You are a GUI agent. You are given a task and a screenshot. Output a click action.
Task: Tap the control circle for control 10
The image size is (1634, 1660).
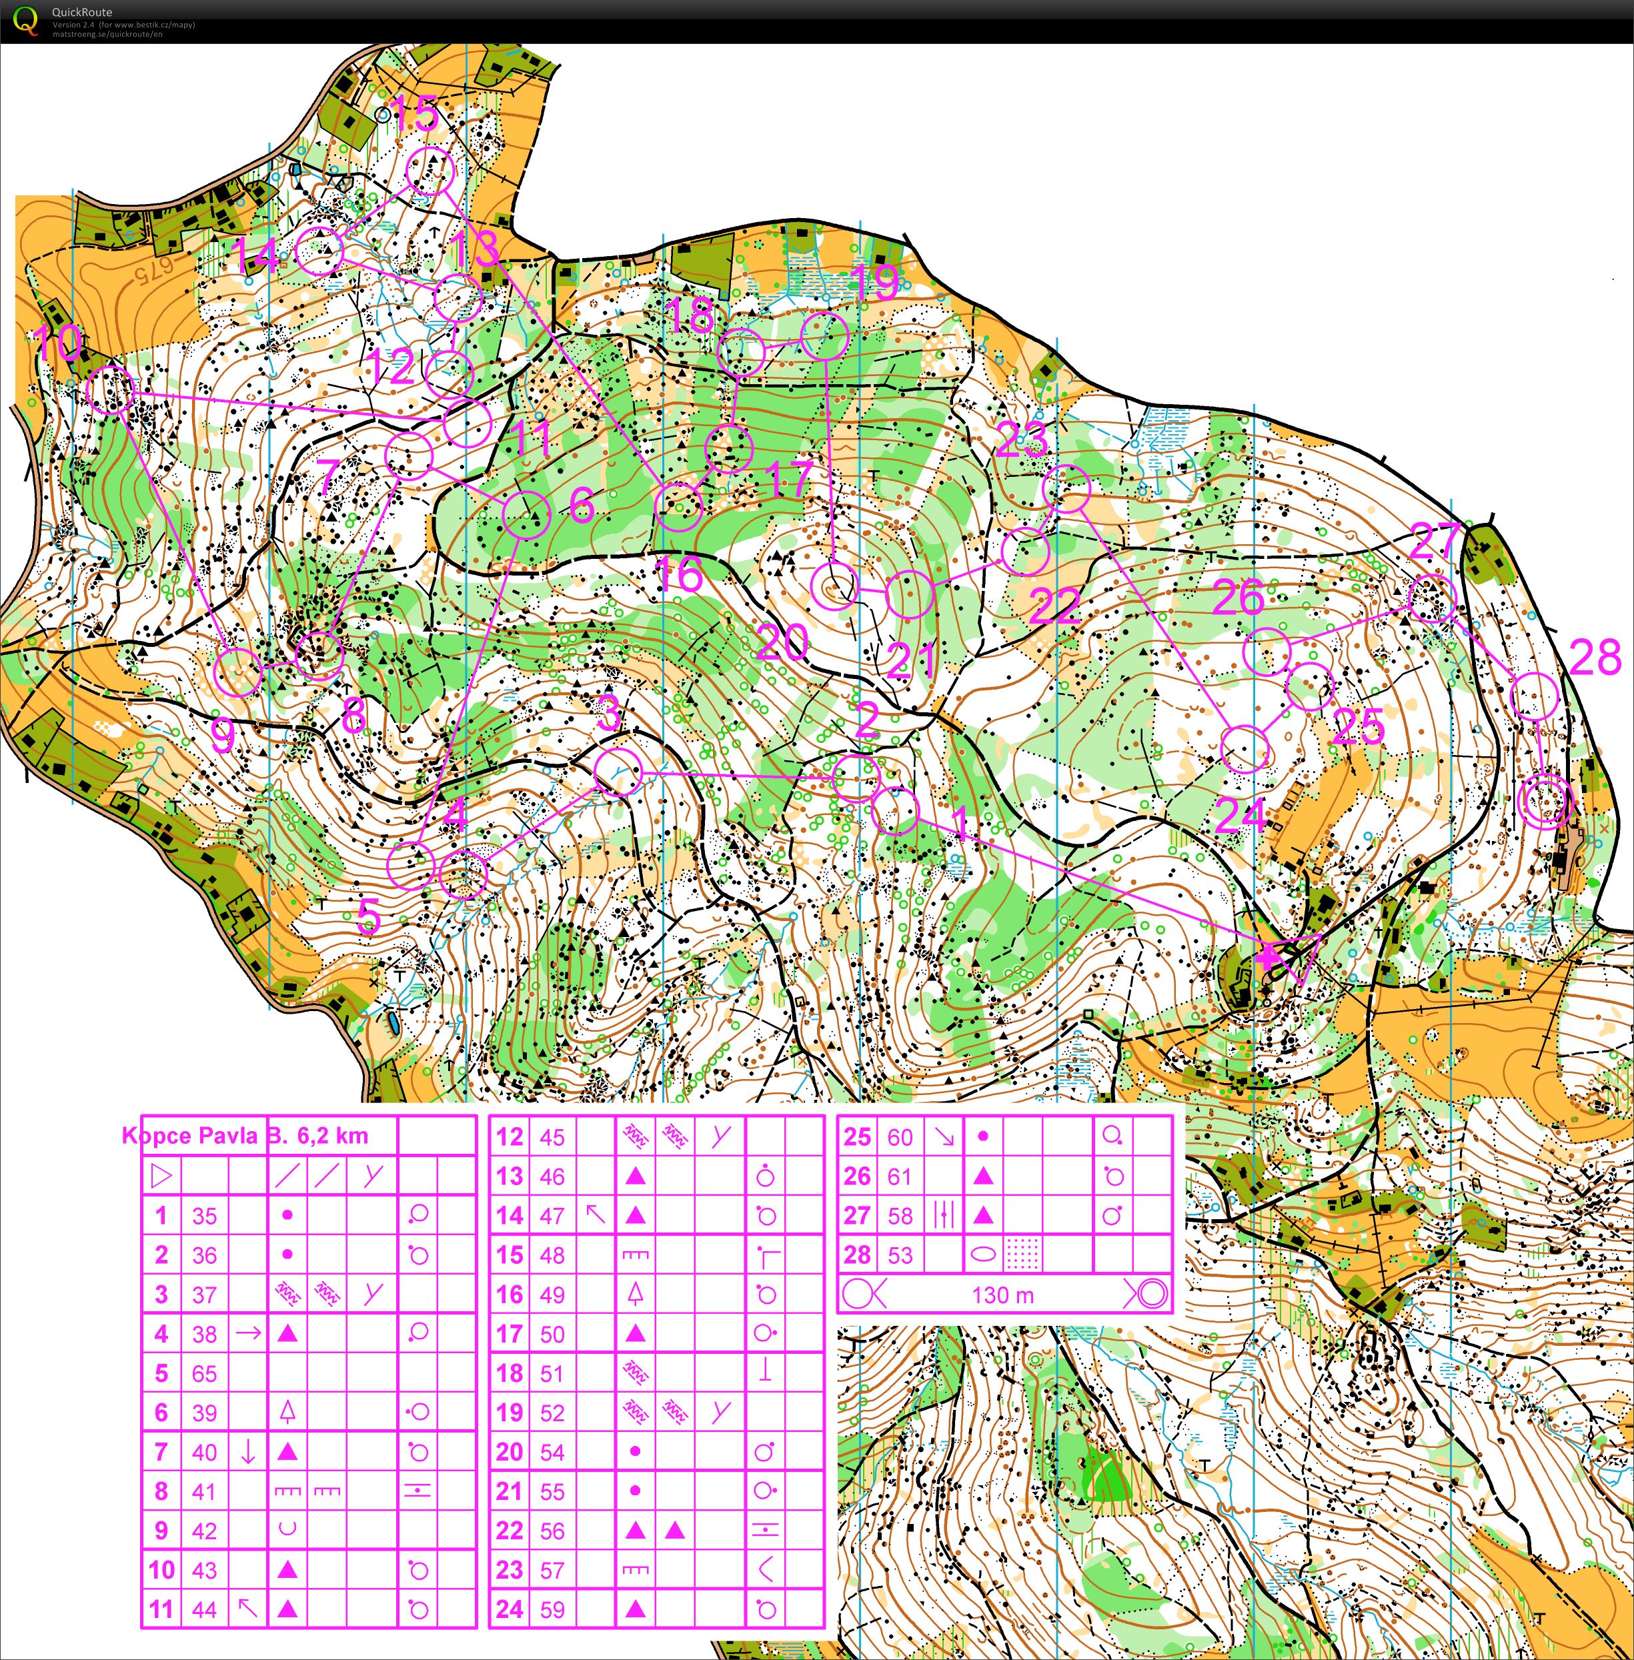(111, 389)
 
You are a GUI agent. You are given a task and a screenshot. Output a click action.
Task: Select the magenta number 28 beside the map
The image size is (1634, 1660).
(1595, 658)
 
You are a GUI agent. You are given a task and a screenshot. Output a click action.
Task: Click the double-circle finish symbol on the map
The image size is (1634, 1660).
(1545, 801)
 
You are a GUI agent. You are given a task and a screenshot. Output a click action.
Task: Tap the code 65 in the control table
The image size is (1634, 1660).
(204, 1373)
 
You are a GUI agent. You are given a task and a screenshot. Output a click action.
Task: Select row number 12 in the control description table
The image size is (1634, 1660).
(509, 1137)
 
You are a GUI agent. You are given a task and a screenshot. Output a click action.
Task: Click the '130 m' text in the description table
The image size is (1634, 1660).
(1002, 1295)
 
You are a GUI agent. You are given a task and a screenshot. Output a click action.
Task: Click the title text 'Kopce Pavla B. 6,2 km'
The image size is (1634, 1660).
(245, 1136)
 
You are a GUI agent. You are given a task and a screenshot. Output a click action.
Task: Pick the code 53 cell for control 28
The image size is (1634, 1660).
(900, 1255)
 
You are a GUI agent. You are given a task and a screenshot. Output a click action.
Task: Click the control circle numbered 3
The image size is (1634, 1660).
(618, 771)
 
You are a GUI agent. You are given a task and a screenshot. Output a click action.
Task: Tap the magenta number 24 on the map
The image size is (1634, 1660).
(1239, 816)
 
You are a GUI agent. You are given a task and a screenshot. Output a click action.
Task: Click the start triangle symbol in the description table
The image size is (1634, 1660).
(161, 1176)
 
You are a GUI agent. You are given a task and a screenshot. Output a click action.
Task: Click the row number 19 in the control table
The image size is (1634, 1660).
(509, 1413)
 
